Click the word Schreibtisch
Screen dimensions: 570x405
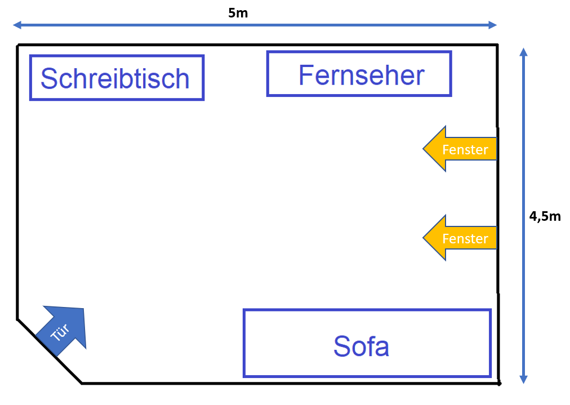(x=115, y=78)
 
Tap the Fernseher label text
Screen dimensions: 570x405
(x=362, y=75)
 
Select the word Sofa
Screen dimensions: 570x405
(x=361, y=346)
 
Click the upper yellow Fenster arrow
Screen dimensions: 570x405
(x=460, y=149)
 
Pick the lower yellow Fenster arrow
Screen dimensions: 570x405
(x=460, y=238)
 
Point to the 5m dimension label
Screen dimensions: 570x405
(x=238, y=13)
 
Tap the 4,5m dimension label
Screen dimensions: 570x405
(x=545, y=216)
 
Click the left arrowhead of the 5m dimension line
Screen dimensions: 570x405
(x=17, y=25)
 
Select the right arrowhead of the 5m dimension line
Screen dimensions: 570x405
(x=493, y=25)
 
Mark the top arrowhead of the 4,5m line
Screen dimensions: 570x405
(x=523, y=52)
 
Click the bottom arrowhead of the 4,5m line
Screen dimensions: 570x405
(x=523, y=379)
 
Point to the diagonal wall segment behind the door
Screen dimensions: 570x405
(x=50, y=351)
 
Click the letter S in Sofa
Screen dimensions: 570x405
(x=341, y=346)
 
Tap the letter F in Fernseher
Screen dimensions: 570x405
(x=305, y=75)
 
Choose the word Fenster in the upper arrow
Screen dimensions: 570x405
(x=465, y=149)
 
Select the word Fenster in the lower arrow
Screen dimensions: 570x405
(x=465, y=238)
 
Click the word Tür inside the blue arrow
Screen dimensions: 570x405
(x=60, y=332)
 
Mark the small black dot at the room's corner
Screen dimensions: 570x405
(x=499, y=383)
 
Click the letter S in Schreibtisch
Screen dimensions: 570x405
(x=48, y=78)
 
